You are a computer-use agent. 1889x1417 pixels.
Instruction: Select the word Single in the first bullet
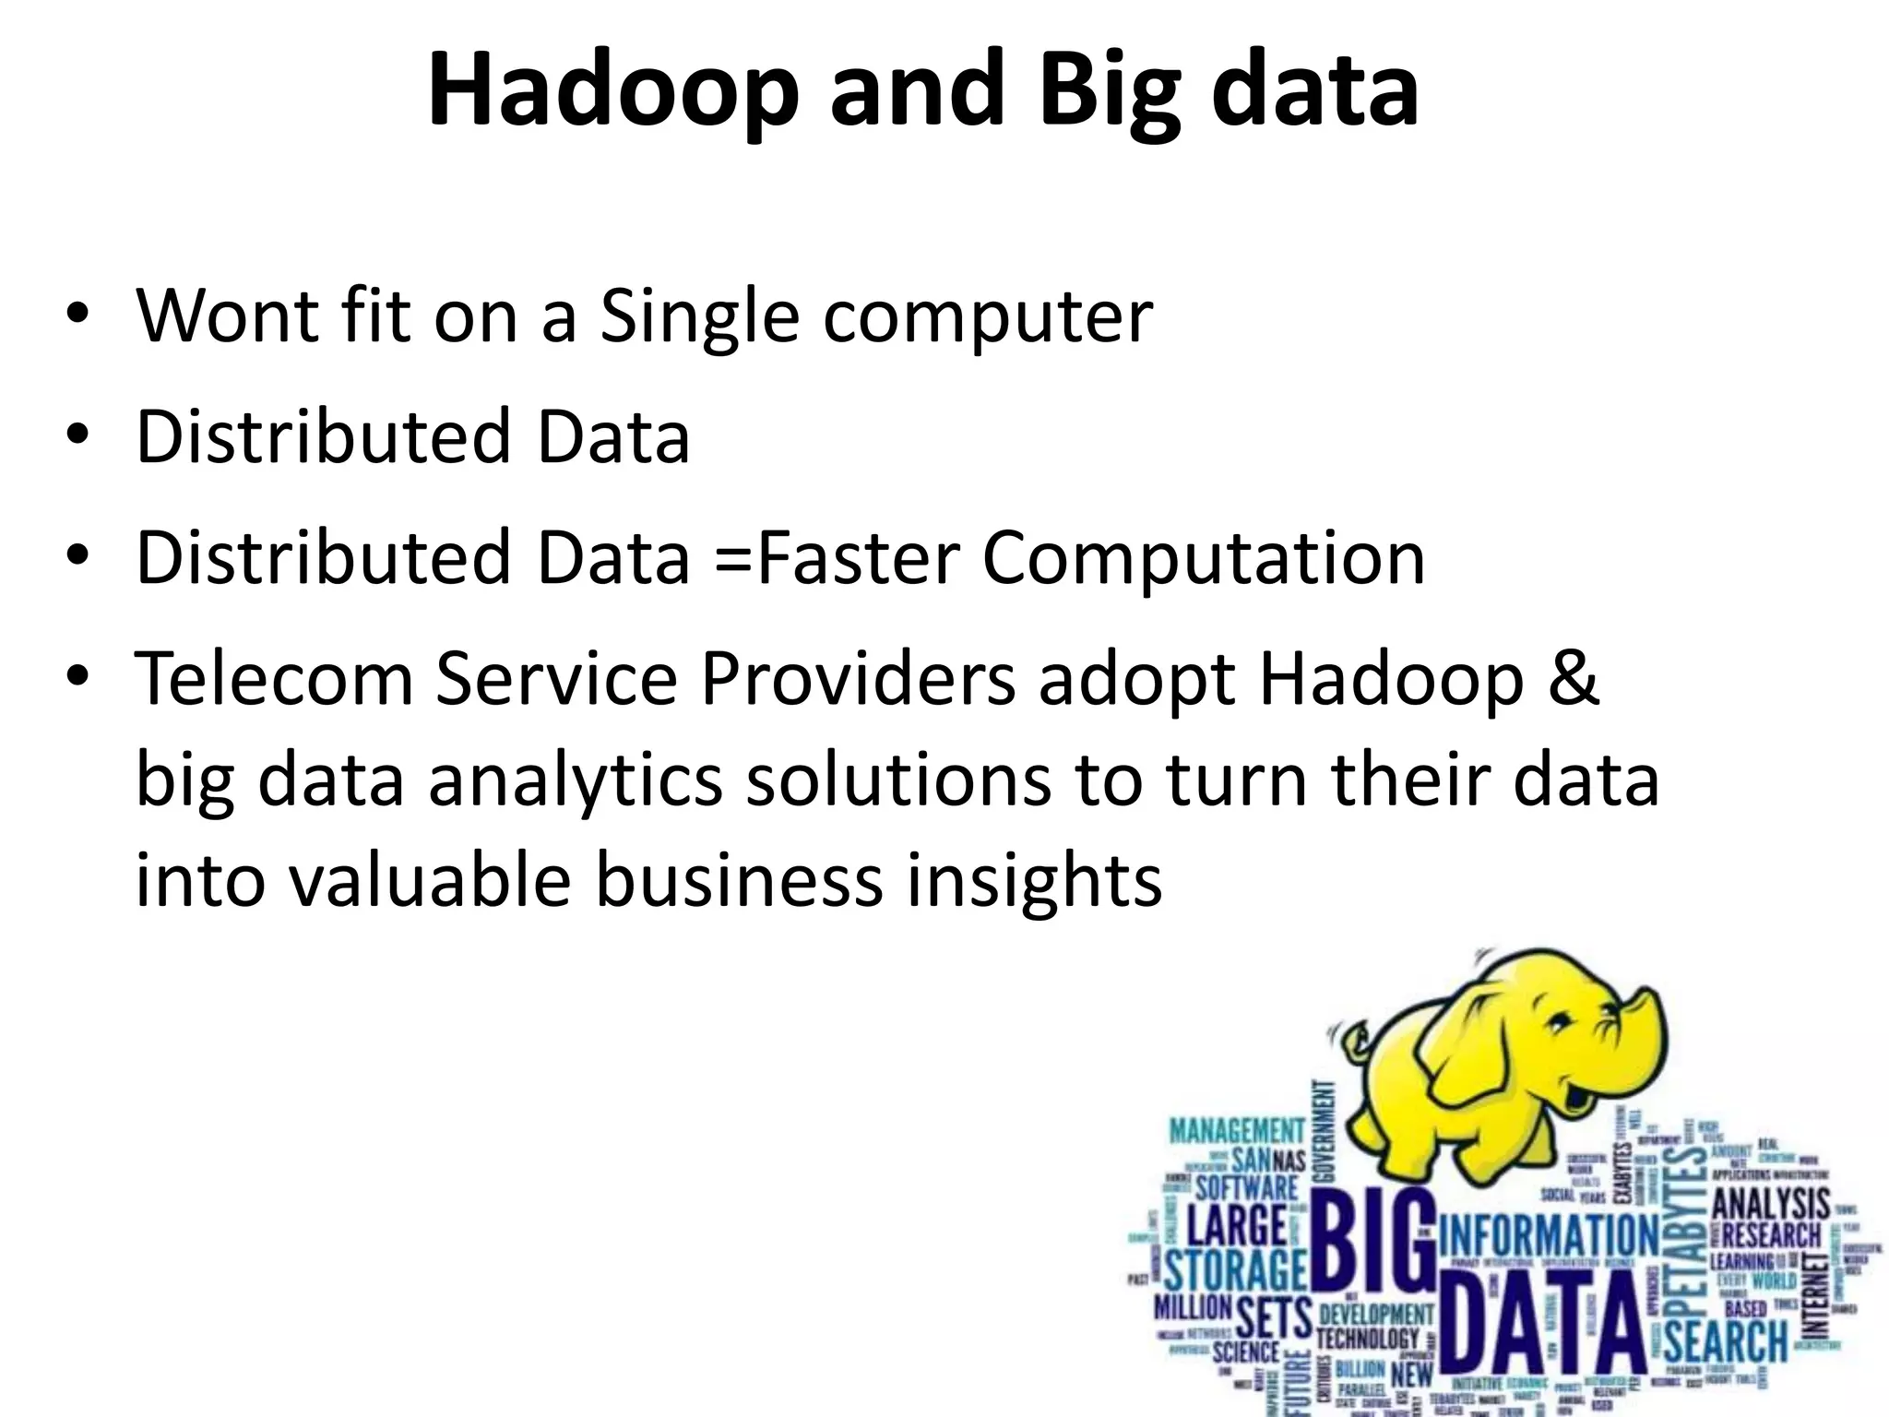[699, 316]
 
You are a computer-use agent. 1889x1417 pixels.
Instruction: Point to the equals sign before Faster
[732, 559]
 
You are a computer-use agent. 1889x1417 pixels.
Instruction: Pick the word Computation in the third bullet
[1203, 559]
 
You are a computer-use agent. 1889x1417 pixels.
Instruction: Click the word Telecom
[274, 679]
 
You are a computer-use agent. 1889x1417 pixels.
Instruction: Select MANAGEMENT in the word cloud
[1237, 1130]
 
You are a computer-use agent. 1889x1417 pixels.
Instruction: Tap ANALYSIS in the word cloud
[1771, 1205]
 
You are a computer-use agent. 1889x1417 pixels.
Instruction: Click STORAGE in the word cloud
[1235, 1271]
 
